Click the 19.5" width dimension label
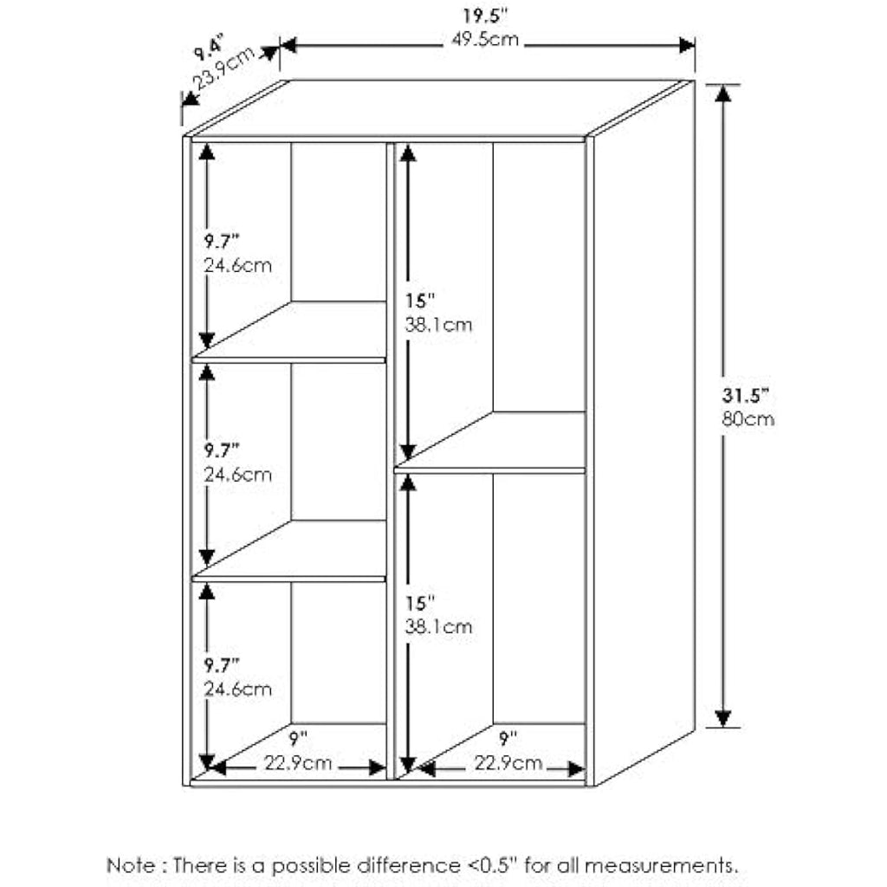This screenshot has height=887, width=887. [x=485, y=16]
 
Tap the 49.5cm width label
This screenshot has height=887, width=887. [x=485, y=40]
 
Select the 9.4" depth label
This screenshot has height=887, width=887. [x=210, y=48]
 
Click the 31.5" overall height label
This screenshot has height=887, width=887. [x=746, y=395]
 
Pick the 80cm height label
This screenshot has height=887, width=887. [x=748, y=419]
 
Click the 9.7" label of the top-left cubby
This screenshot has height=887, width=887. [x=222, y=242]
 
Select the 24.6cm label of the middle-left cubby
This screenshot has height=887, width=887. [x=237, y=475]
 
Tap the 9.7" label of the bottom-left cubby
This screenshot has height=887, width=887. [x=222, y=665]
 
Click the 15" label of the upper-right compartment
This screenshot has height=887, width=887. [x=420, y=301]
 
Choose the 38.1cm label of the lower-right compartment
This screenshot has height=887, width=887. [x=438, y=626]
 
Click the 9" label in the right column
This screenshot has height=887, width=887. [x=508, y=738]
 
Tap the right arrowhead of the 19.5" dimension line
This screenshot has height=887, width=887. [x=687, y=45]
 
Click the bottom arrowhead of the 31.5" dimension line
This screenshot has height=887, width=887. [x=723, y=718]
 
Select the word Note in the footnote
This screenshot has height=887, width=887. [x=130, y=865]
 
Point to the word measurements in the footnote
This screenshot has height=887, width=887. [x=661, y=866]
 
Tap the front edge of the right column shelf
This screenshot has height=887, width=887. [x=490, y=470]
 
